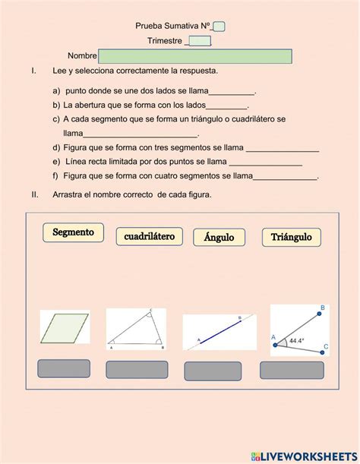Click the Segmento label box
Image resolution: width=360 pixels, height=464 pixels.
73,232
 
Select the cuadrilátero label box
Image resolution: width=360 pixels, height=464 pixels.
149,237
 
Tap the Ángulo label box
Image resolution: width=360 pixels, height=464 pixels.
219,238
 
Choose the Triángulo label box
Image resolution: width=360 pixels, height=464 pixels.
291,238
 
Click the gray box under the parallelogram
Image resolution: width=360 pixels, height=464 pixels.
65,368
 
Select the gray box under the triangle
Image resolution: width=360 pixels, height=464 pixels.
137,370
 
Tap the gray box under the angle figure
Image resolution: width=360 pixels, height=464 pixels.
292,370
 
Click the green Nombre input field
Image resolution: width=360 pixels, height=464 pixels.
195,56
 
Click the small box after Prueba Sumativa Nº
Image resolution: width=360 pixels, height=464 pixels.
219,27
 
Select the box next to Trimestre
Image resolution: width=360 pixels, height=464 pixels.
200,41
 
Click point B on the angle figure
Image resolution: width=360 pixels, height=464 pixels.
322,308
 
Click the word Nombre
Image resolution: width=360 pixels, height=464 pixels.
82,56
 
